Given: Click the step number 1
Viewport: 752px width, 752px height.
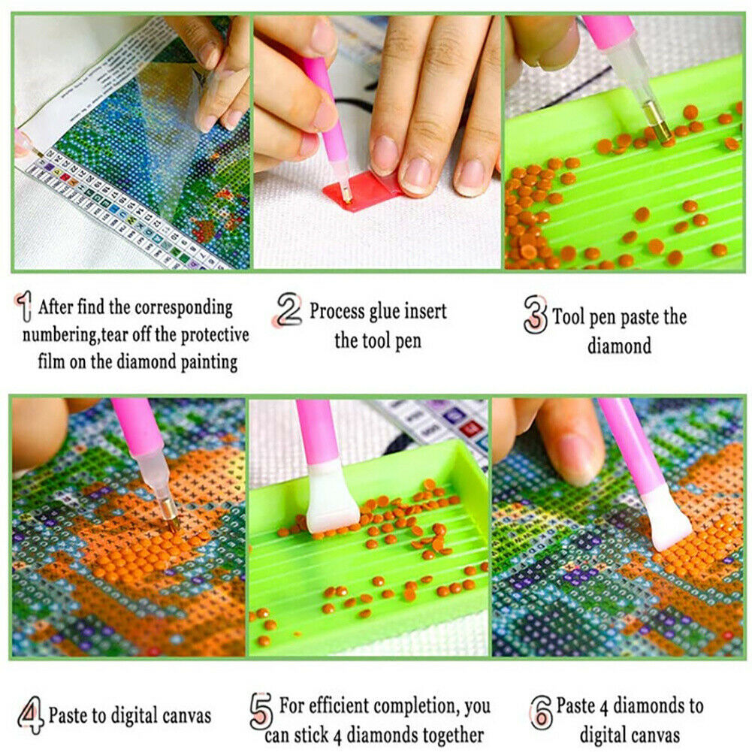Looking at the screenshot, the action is tap(23, 306).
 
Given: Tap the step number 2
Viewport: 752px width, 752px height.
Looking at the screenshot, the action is tap(289, 310).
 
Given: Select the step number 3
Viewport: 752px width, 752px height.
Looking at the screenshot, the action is tap(535, 314).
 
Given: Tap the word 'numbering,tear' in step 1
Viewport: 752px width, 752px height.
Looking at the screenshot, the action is tap(76, 335).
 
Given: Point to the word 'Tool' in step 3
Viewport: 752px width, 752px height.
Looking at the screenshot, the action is tap(568, 316).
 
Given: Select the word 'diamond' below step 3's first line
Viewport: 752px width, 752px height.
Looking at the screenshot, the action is tap(620, 346).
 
